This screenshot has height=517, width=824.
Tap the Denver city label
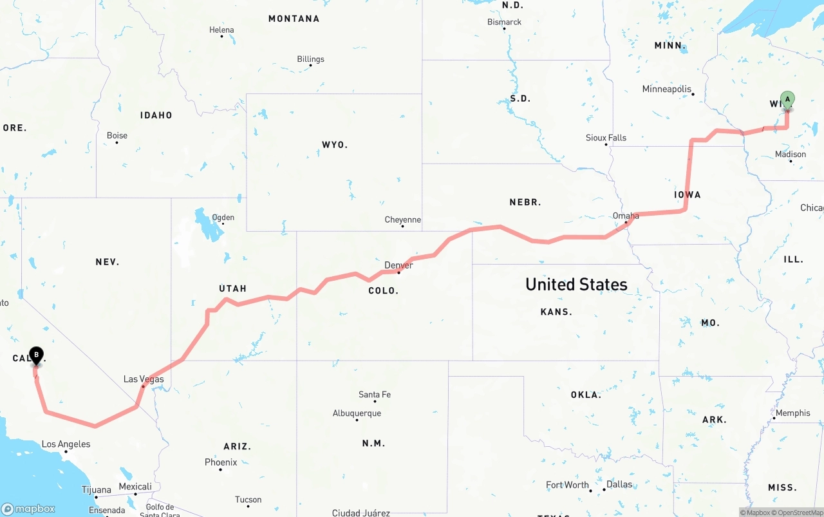pyautogui.click(x=398, y=265)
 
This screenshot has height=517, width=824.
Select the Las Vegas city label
pyautogui.click(x=144, y=379)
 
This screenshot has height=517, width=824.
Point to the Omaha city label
pyautogui.click(x=626, y=216)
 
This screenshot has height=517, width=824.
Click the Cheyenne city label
pyautogui.click(x=402, y=220)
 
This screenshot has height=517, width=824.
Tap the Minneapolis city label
pyautogui.click(x=667, y=89)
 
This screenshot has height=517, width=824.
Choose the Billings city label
pyautogui.click(x=310, y=59)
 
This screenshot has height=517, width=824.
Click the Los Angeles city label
pyautogui.click(x=66, y=444)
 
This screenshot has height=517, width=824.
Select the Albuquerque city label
pyautogui.click(x=357, y=413)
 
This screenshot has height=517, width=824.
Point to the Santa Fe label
pyautogui.click(x=375, y=394)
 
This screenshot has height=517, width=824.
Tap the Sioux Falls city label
pyautogui.click(x=606, y=138)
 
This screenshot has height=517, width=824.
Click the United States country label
pyautogui.click(x=576, y=285)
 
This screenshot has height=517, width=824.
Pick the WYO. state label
pyautogui.click(x=335, y=145)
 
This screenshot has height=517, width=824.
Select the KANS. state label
pyautogui.click(x=556, y=312)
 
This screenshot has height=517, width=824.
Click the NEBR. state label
pyautogui.click(x=525, y=202)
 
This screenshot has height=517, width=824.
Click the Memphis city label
pyautogui.click(x=792, y=413)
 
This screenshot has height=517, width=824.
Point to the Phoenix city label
pyautogui.click(x=221, y=462)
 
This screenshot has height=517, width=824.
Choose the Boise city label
pyautogui.click(x=117, y=135)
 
